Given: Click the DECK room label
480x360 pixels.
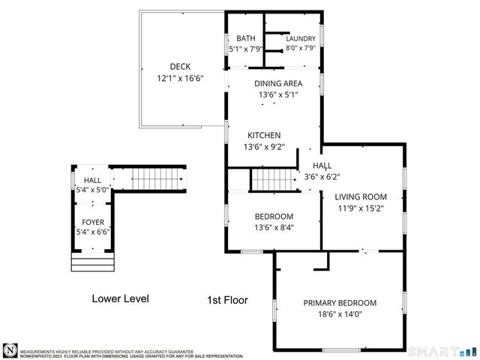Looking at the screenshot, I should coord(180,66).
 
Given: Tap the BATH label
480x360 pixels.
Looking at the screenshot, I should coord(246,39).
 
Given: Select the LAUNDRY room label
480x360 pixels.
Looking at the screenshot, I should coord(300,39).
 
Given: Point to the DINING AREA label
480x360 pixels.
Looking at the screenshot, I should coord(278,84).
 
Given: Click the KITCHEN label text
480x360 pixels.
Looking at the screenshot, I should coord(264,135).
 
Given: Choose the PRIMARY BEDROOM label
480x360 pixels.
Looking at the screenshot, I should coord(340,303).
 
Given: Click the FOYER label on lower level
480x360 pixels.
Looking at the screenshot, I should coord(93,221).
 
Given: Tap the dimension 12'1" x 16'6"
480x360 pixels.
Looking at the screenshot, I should coord(180,78).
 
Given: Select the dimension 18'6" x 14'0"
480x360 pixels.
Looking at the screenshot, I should coord(340,314).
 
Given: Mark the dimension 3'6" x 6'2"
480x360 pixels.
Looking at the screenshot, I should coord(322,177).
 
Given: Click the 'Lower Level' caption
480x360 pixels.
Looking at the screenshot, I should coord(120,298).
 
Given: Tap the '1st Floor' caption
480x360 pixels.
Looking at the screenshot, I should coord(227,300).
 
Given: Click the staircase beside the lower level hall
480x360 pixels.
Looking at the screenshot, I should coord(157,180).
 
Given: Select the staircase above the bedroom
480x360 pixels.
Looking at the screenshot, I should coord(274,180).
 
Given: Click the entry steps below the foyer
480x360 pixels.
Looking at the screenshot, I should coord(92,262).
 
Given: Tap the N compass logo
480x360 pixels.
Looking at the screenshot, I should coord(10,349).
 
